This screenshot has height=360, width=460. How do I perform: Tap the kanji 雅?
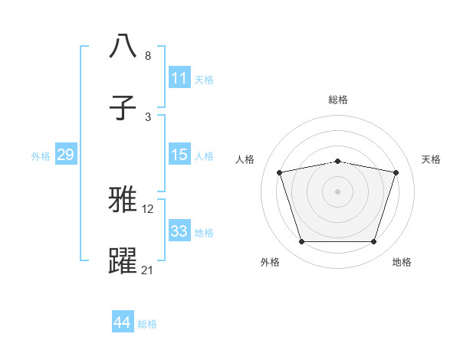pos(123,200)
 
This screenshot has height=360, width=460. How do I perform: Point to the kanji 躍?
pos(123,261)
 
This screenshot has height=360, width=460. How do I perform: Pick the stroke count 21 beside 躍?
pos(148,269)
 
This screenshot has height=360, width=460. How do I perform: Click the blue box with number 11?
pos(179,78)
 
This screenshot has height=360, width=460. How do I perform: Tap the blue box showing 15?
pos(179,155)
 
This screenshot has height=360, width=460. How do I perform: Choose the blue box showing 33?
pos(179,231)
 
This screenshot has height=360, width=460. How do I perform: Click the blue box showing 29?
pos(65,155)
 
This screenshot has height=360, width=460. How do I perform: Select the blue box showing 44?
pos(123,322)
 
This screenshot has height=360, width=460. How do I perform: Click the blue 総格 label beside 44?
pos(147,324)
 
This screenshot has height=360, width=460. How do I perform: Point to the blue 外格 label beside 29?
pos(41,156)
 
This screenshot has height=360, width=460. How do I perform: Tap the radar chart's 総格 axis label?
pos(338,100)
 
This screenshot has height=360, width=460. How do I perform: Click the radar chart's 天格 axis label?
pos(431,159)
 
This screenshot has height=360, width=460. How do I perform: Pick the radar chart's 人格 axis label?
pos(245,159)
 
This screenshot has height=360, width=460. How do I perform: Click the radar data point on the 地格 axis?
pos(373,242)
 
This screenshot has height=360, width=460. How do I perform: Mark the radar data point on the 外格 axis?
pos(301,242)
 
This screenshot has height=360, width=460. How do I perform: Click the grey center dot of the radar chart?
pos(337,191)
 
